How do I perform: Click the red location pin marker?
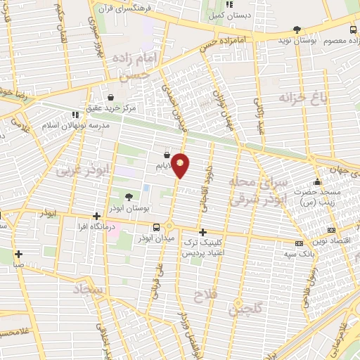pos(181,165)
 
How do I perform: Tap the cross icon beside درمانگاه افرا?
pos(96,216)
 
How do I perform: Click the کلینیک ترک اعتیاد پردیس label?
pos(204,247)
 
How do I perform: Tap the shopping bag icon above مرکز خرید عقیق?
pos(110,97)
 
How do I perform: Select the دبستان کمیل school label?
pos(230,14)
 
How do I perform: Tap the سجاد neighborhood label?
pos(88,290)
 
